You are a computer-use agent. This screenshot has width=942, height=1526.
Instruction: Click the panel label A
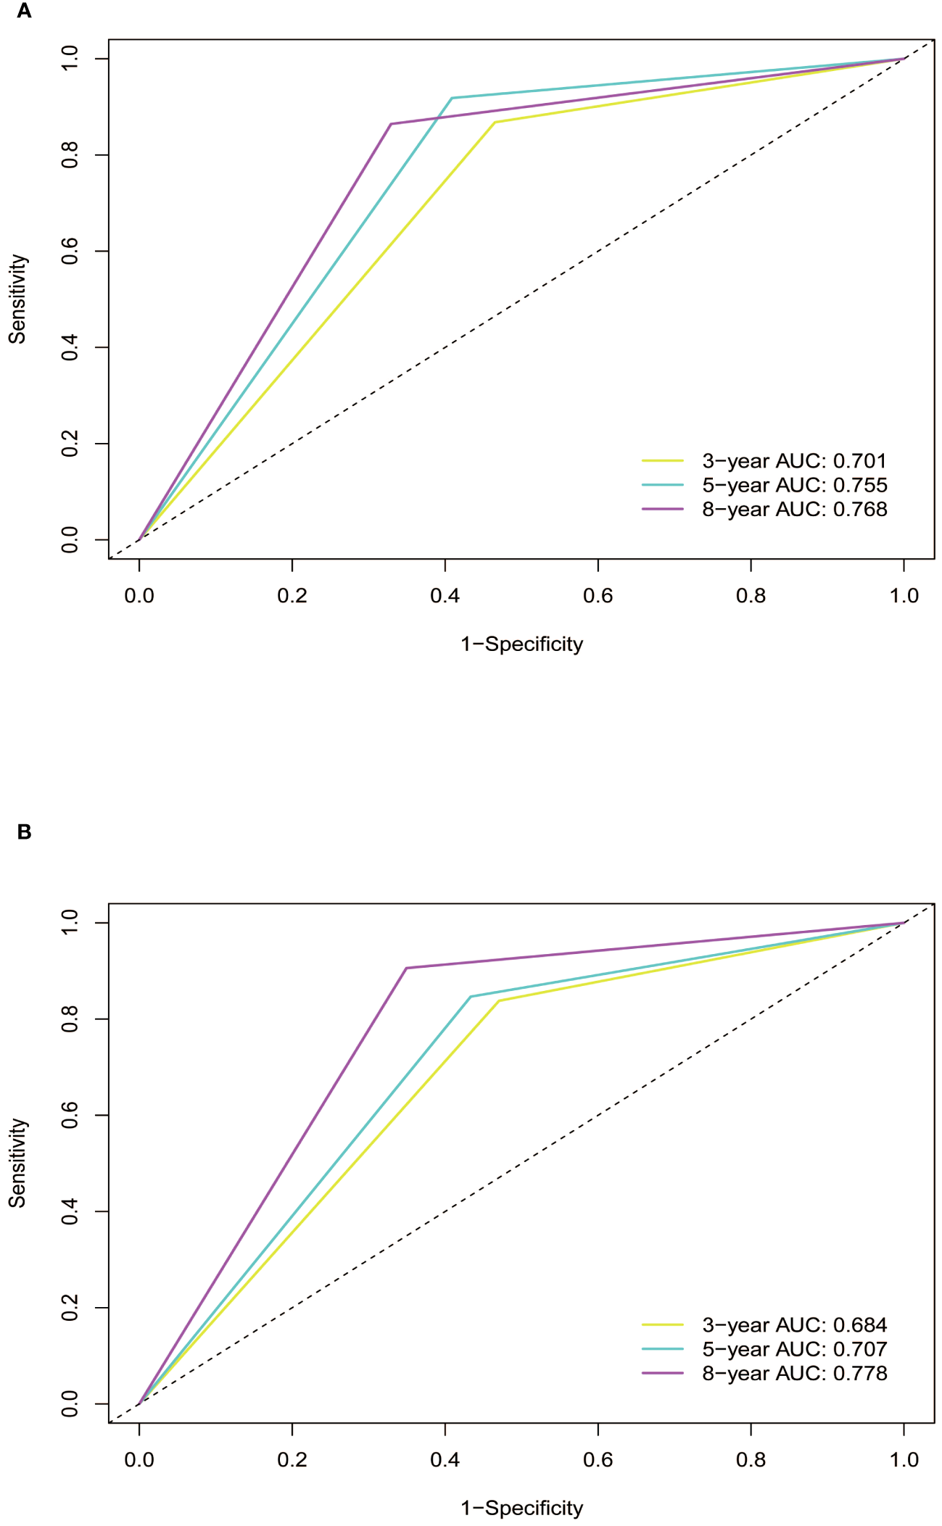coord(24,12)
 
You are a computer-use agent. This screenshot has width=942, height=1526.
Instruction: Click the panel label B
coord(24,832)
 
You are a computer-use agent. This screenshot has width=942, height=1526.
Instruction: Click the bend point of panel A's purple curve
coord(391,124)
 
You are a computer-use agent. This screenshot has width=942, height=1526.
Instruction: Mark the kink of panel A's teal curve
coord(452,98)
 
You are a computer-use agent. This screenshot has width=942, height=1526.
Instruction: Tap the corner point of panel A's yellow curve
coord(495,123)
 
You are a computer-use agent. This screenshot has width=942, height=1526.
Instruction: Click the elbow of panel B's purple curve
coord(406,968)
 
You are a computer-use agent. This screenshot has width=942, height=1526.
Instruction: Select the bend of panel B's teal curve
coord(471,997)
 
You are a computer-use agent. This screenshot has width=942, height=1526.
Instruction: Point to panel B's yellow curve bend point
coord(499,1001)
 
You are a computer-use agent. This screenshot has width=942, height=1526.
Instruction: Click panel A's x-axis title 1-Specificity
coord(521,644)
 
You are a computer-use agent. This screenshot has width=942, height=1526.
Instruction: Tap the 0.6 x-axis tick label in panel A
coord(598,596)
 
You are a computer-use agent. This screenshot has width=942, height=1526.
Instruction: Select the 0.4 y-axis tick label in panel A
coord(70,347)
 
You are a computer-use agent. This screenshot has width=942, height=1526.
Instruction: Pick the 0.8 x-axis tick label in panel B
coord(751,1460)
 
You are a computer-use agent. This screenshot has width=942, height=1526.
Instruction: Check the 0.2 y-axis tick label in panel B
coord(70,1308)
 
